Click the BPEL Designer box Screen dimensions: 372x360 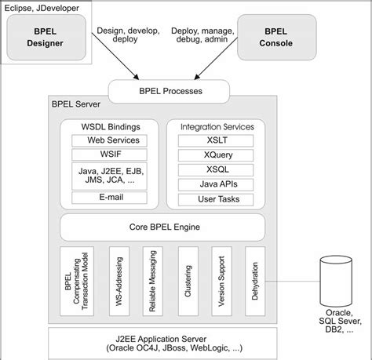pyautogui.click(x=46, y=37)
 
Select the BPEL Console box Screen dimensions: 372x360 pyautogui.click(x=277, y=37)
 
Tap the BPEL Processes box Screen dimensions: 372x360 pyautogui.click(x=169, y=91)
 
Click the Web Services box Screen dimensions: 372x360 pyautogui.click(x=109, y=140)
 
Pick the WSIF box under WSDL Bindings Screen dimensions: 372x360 pyautogui.click(x=109, y=155)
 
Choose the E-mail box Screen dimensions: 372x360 pyautogui.click(x=109, y=198)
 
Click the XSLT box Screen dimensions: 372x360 pyautogui.click(x=216, y=140)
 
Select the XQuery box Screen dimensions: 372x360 pyautogui.click(x=216, y=155)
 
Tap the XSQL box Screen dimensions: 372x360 pyautogui.click(x=216, y=169)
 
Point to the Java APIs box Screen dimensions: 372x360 pyautogui.click(x=216, y=184)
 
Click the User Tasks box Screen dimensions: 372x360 pyautogui.click(x=216, y=199)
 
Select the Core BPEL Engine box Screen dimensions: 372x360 pyautogui.click(x=162, y=227)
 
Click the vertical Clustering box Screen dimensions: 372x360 pyautogui.click(x=188, y=281)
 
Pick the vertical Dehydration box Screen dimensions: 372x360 pyautogui.click(x=255, y=281)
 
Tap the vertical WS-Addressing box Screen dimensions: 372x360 pyautogui.click(x=119, y=281)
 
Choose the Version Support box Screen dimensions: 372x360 pyautogui.click(x=221, y=281)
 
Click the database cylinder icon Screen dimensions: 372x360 pyautogui.click(x=336, y=282)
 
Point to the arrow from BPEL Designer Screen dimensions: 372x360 pyautogui.click(x=115, y=56)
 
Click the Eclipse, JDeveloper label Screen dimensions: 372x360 pyautogui.click(x=42, y=8)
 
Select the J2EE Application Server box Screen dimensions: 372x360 pyautogui.click(x=162, y=344)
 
